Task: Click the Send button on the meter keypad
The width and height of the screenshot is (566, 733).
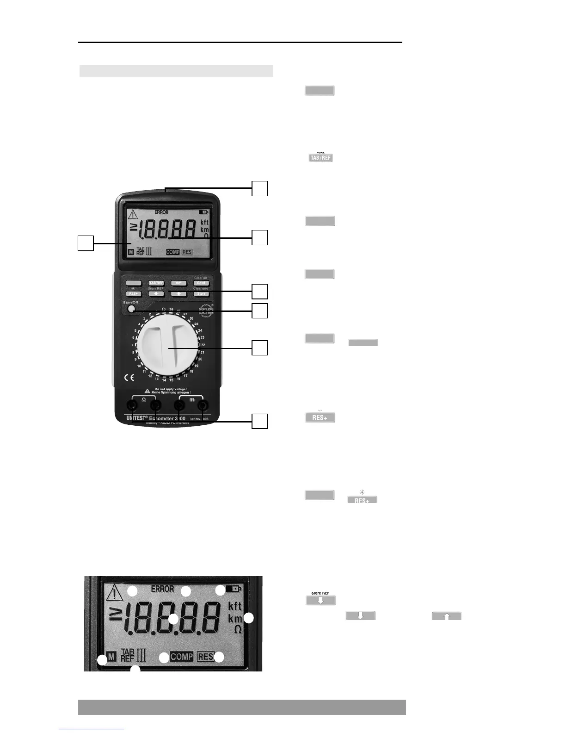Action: coord(201,283)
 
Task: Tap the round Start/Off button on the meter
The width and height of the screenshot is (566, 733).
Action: coord(132,310)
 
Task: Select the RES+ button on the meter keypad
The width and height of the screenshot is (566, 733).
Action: coord(133,294)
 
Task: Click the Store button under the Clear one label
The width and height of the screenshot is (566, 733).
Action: coord(201,294)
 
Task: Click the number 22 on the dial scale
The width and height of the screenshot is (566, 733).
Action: coord(203,345)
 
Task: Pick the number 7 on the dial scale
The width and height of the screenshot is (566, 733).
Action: coord(133,345)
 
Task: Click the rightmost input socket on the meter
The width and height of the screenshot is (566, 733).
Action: coord(202,406)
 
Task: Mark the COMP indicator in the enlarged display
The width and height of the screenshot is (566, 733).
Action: coord(182,657)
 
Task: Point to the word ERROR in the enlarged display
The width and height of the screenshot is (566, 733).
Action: coord(162,589)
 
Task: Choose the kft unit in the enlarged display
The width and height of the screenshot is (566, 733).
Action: coord(235,606)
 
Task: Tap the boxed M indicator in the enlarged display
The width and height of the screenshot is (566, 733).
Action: coord(111,657)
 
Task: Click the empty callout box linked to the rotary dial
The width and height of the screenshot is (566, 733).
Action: coord(260,348)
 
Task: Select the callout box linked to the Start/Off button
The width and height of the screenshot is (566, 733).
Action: coord(260,311)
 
